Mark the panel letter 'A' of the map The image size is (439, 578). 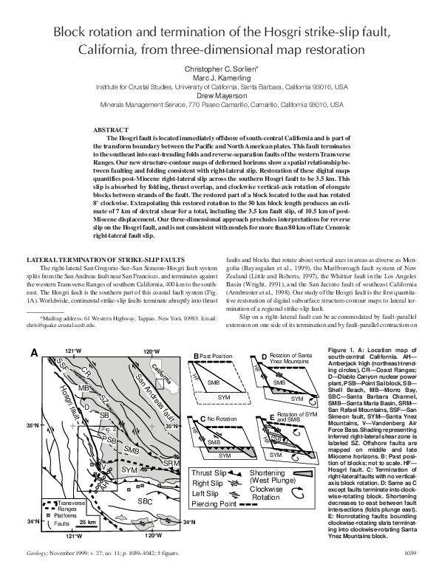pyautogui.click(x=33, y=354)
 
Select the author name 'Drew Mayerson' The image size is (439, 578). pyautogui.click(x=219, y=95)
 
